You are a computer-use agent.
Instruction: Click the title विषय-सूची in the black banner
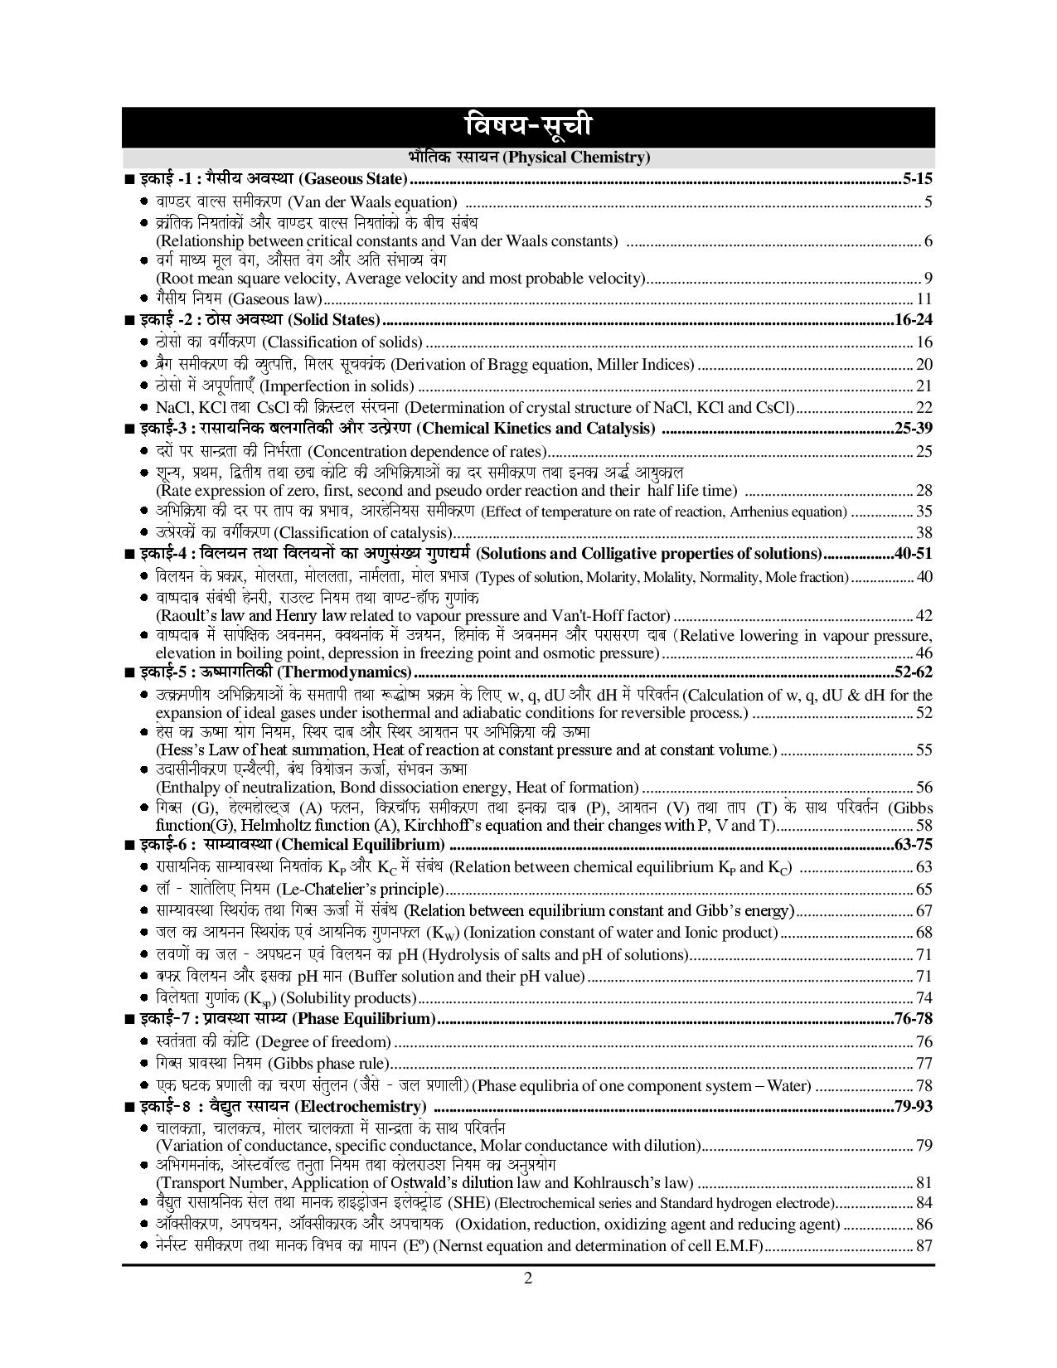[528, 127]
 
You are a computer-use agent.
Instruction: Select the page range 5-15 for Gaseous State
[917, 178]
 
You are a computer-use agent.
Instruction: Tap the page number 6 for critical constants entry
[928, 241]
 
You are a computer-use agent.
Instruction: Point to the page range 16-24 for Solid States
[914, 320]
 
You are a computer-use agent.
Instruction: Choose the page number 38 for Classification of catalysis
[924, 532]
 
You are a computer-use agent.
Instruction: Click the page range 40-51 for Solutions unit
[914, 554]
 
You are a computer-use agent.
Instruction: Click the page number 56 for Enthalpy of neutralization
[924, 787]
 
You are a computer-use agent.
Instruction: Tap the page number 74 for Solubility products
[924, 997]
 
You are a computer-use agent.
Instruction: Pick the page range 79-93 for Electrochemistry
[914, 1106]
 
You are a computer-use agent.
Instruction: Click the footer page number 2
[527, 1278]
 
